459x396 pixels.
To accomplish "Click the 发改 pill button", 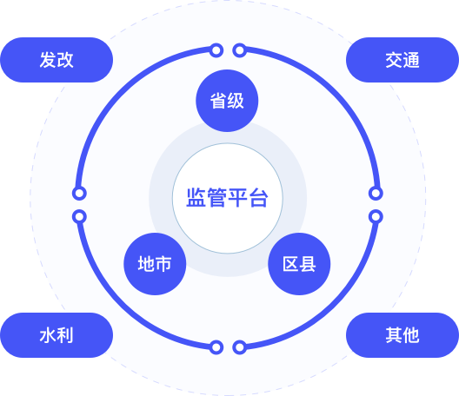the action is coord(57,60).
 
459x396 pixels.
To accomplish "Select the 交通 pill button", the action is coord(402,60).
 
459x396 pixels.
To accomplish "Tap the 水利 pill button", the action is coord(57,335).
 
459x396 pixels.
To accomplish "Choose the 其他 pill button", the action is coord(402,335).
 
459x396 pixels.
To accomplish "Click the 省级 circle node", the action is coord(227,101).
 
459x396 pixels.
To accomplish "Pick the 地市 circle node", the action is coord(155,264).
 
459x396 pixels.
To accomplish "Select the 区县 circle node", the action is coord(299,264).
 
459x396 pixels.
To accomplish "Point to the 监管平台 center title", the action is coord(227,198).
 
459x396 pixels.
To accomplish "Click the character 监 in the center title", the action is coord(196,198).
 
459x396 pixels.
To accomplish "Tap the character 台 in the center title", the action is coord(258,198).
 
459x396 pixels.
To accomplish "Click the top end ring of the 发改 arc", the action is coord(216,50).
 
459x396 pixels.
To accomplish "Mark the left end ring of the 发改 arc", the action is coord(79,193).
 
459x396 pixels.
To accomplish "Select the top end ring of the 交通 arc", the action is coord(240,50).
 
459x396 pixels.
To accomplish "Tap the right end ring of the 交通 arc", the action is coord(376,193).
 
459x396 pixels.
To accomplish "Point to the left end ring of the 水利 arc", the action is coord(79,217).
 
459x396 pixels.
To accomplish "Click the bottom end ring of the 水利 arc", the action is coord(216,347).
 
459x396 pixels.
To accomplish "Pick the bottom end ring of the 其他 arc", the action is coord(240,347).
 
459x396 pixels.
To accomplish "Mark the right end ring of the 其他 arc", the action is coord(376,217).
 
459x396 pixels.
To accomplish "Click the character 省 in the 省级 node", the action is coord(218,101).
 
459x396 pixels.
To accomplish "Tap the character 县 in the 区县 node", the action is coord(308,264).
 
